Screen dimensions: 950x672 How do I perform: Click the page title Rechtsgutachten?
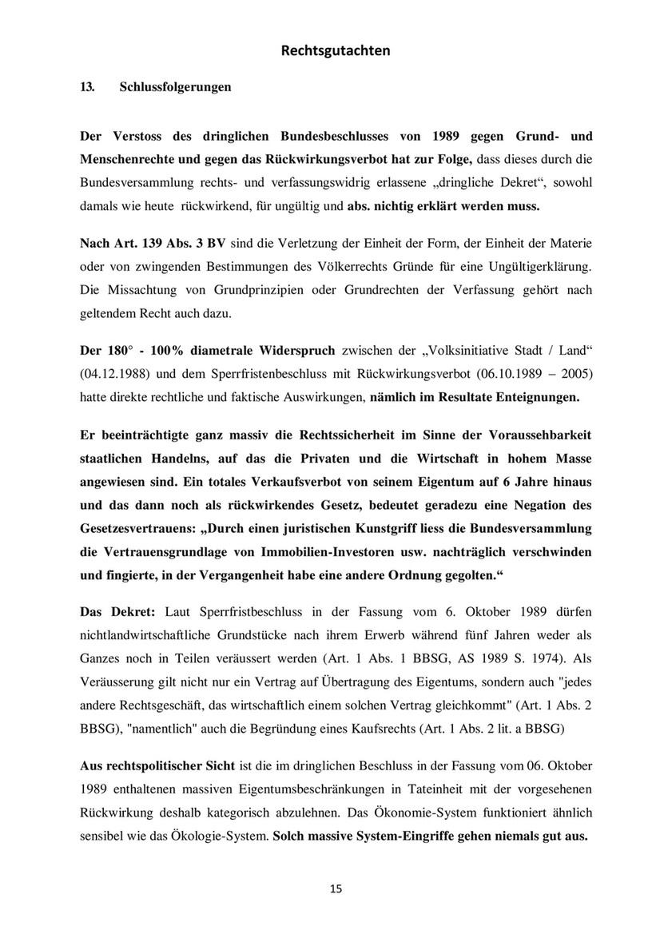336,51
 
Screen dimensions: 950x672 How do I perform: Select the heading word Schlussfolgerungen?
175,87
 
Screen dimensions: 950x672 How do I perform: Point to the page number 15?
336,890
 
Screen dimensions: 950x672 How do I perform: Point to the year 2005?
572,373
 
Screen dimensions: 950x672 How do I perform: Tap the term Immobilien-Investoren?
333,551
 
